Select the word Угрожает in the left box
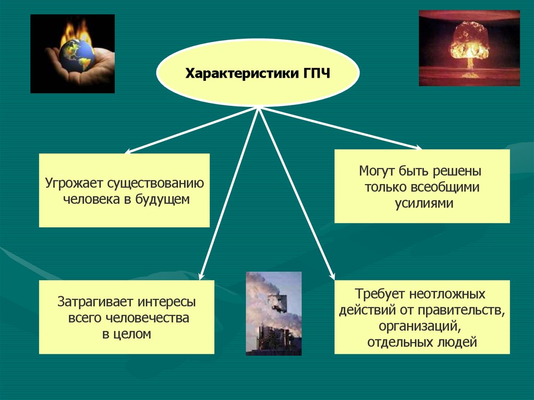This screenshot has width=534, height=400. [x=74, y=184]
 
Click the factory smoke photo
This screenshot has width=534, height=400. [x=273, y=313]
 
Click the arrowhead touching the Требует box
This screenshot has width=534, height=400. [x=332, y=276]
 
